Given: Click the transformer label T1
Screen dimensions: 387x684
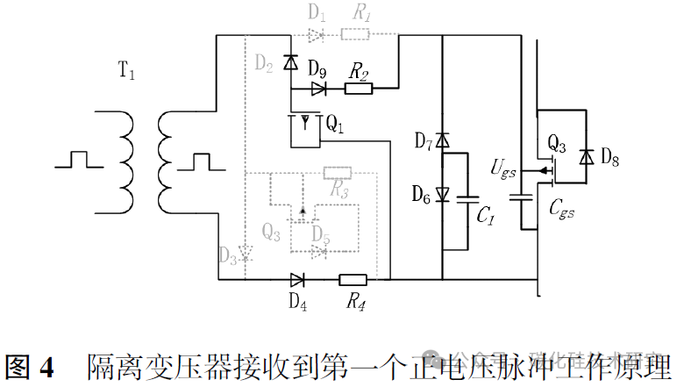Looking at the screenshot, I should coord(126,73).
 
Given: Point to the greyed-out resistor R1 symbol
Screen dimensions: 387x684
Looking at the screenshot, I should coord(356,35).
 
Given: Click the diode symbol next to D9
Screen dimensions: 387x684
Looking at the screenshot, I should coord(319,88).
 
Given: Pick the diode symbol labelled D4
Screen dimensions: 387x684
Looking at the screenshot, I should coord(297,281).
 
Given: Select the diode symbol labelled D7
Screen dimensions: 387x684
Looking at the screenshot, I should coord(443,140).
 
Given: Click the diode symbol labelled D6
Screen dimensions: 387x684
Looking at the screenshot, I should coord(443,195).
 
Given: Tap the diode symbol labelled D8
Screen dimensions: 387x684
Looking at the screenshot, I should coord(585,156).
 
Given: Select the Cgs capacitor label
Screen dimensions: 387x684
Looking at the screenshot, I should coord(561,209).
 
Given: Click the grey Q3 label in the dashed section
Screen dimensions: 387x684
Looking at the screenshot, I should coord(272,233).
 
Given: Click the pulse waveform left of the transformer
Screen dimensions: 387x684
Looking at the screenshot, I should coord(78,160).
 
